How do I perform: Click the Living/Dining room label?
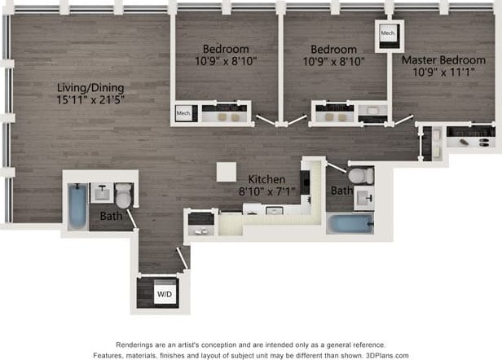pyautogui.click(x=90, y=87)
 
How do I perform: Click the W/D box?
pyautogui.click(x=165, y=292)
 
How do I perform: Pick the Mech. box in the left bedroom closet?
pyautogui.click(x=183, y=114)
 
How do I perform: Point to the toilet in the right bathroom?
pyautogui.click(x=360, y=175)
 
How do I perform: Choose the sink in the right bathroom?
pyautogui.click(x=363, y=199)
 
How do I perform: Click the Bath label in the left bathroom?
pyautogui.click(x=111, y=217)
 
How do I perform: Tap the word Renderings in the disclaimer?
pyautogui.click(x=140, y=344)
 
